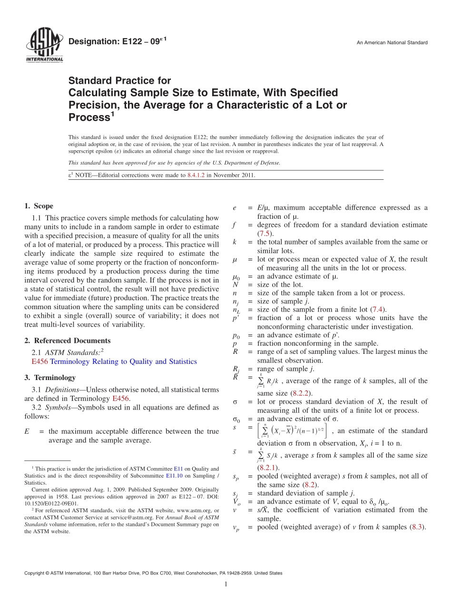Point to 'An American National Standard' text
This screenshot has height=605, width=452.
(x=392, y=43)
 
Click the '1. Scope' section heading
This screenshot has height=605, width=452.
(x=39, y=206)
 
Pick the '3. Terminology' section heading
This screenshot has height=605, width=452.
(x=50, y=378)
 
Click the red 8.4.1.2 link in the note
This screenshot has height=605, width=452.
(x=196, y=175)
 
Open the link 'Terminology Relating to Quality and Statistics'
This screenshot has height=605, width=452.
(x=123, y=361)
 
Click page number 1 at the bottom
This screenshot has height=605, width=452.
(x=226, y=585)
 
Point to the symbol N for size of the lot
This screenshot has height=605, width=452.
(x=235, y=284)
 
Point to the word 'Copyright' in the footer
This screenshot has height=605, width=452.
(x=35, y=573)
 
